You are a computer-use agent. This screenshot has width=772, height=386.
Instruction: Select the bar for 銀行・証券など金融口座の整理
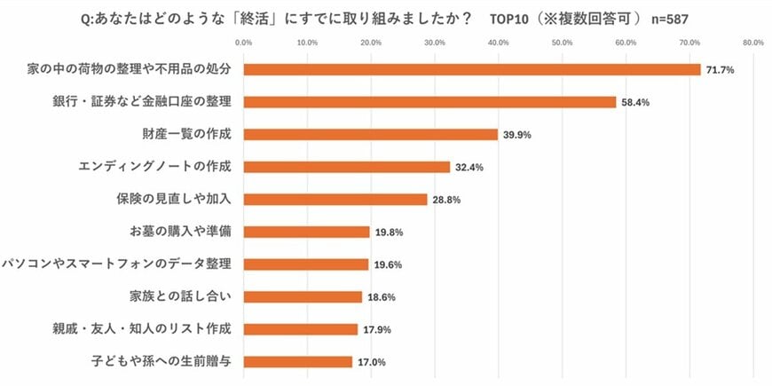click(429, 102)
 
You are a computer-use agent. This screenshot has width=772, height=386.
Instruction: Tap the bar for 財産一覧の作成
click(370, 134)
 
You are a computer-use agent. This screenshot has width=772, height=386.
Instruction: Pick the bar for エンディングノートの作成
click(346, 167)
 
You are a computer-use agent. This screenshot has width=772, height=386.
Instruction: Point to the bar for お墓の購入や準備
click(306, 232)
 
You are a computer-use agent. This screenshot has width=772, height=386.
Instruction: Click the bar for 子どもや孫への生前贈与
click(297, 361)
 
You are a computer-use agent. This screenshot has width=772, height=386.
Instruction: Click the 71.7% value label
click(720, 69)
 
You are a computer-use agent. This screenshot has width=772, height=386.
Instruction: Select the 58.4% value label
click(635, 102)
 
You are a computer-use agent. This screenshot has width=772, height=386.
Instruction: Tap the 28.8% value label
click(446, 200)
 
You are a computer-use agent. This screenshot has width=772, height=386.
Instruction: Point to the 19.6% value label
click(388, 264)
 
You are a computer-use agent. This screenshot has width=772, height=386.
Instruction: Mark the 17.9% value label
click(377, 329)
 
